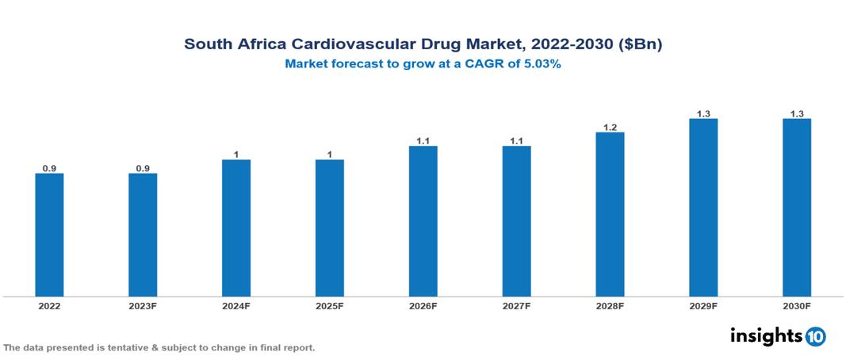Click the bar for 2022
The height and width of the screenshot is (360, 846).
49,235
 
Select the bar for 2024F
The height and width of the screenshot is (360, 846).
236,228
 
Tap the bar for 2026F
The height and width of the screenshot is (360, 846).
423,221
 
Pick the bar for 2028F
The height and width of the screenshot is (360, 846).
610,214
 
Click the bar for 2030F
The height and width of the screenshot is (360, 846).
796,208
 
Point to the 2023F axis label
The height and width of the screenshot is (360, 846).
143,305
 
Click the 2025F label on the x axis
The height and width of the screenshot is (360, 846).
329,305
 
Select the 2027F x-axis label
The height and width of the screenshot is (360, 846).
516,305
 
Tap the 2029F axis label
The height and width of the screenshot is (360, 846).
703,305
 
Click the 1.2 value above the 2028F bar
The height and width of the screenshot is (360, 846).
610,127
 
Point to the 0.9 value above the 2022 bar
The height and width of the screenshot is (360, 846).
49,168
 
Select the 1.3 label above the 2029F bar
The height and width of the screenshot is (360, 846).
703,113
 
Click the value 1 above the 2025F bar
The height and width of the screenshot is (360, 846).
329,155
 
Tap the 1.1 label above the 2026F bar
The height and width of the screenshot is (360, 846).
423,141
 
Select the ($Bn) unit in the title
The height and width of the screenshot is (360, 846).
638,44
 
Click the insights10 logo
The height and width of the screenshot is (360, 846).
777,336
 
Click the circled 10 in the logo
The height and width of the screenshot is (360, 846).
815,337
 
